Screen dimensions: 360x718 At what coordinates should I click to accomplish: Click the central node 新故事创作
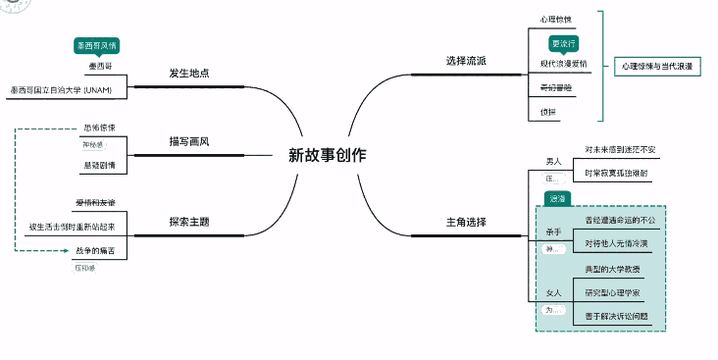click(x=327, y=155)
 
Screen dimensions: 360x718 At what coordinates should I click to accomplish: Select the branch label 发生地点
click(x=189, y=75)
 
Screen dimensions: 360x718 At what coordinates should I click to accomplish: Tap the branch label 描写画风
click(x=189, y=141)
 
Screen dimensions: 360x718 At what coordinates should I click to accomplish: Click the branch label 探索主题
click(x=189, y=222)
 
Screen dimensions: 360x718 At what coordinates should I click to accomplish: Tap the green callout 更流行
click(x=564, y=44)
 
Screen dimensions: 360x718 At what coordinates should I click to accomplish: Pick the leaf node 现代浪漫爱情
click(x=563, y=64)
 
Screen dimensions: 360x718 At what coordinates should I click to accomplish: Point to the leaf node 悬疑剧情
click(x=99, y=165)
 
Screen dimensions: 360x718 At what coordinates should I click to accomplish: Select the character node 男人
click(x=554, y=161)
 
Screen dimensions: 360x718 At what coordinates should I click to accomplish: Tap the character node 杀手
click(x=554, y=231)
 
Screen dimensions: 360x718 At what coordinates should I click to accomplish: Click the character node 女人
click(x=554, y=293)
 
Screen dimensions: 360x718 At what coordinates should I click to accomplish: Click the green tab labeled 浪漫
click(x=557, y=199)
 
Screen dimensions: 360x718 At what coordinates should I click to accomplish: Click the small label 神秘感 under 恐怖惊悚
click(x=91, y=145)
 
